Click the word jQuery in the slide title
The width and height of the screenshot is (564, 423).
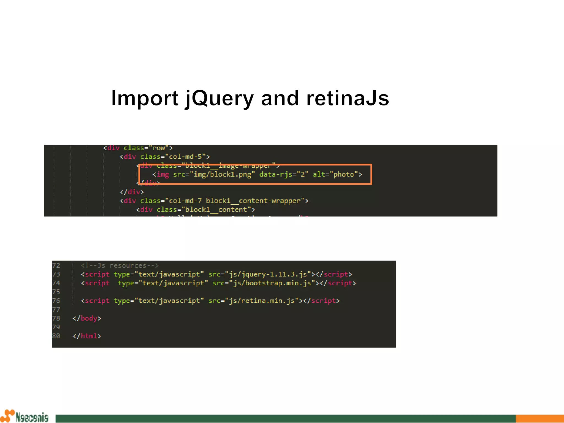[219, 99]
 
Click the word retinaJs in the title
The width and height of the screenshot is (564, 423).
[348, 98]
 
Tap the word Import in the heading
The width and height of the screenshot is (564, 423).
[145, 99]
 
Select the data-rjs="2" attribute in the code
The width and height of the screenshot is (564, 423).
[284, 174]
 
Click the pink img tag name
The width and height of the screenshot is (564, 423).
[163, 174]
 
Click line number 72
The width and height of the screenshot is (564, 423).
[56, 265]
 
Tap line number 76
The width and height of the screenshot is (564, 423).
[56, 301]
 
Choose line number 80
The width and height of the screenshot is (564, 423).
[56, 336]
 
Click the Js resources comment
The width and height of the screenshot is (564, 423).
[120, 265]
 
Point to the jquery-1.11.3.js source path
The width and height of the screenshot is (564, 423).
[268, 274]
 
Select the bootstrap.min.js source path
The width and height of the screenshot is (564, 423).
[272, 283]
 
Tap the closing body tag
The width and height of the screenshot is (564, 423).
[87, 318]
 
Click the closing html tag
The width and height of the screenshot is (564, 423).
[87, 336]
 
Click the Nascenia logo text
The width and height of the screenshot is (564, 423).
[32, 417]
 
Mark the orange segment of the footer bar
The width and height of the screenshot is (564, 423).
[539, 418]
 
